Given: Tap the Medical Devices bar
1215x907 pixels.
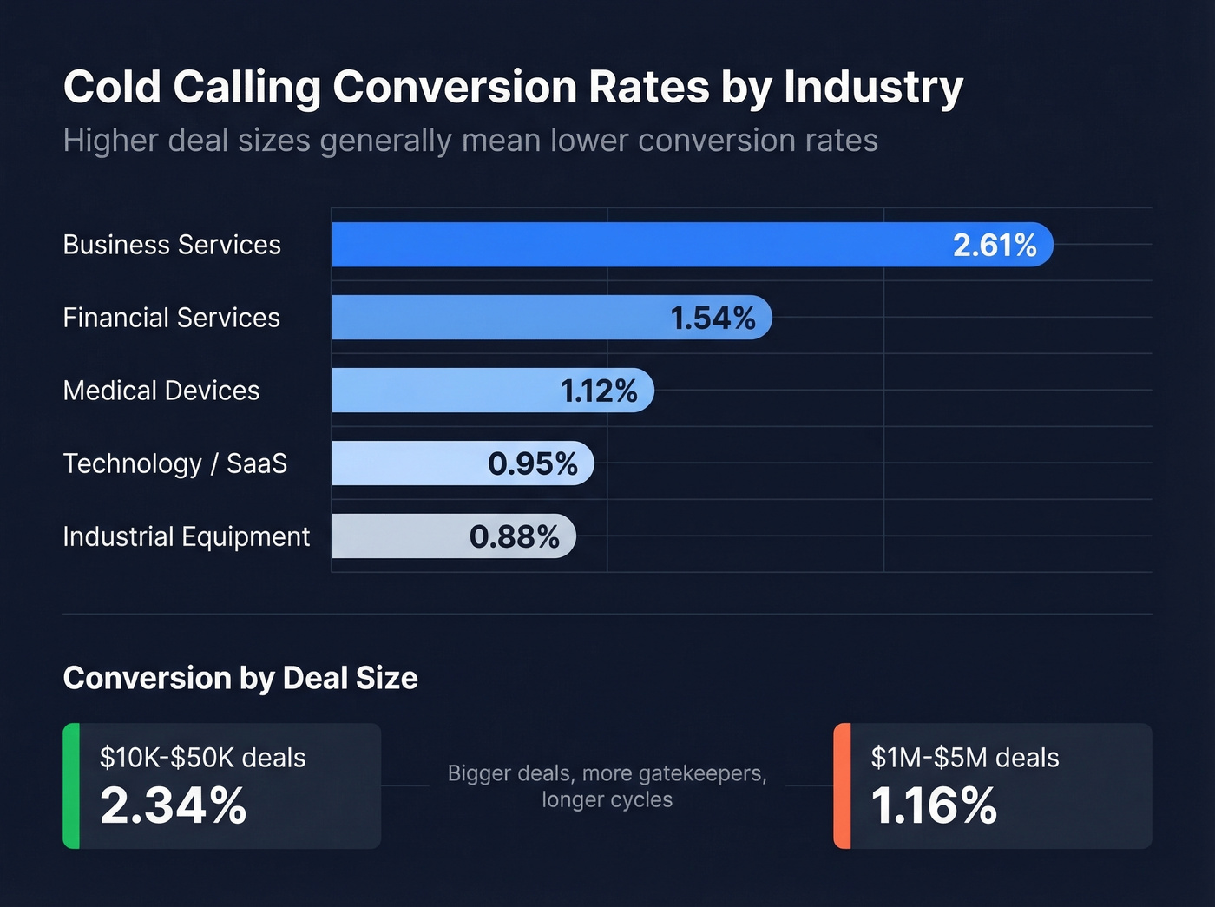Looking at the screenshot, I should (443, 391).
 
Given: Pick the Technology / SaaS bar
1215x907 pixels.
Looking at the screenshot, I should (408, 463).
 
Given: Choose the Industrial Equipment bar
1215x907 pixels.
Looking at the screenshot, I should (399, 536).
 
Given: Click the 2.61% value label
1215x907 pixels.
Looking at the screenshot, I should (995, 246).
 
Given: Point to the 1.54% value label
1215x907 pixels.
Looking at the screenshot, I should (713, 319).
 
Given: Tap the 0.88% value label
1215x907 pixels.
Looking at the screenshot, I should (515, 537).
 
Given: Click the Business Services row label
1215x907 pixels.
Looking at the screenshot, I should (172, 245).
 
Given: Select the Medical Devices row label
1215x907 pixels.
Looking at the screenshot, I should (161, 391).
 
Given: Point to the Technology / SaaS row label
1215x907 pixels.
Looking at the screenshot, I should (174, 463).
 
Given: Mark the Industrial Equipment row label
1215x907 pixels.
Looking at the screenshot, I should (186, 536).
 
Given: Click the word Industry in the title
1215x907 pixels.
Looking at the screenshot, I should (873, 88).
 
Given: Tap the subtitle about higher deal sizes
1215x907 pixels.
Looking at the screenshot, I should (470, 141).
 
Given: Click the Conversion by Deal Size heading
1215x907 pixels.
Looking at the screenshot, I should (240, 678).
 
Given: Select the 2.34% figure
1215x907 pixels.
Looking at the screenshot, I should (174, 805).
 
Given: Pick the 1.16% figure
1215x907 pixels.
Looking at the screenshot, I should (934, 805).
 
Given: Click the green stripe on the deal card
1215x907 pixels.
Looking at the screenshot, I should (71, 785).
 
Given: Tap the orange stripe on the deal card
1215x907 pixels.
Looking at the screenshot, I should (842, 785).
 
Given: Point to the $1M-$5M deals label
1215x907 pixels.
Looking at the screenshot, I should (965, 758).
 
